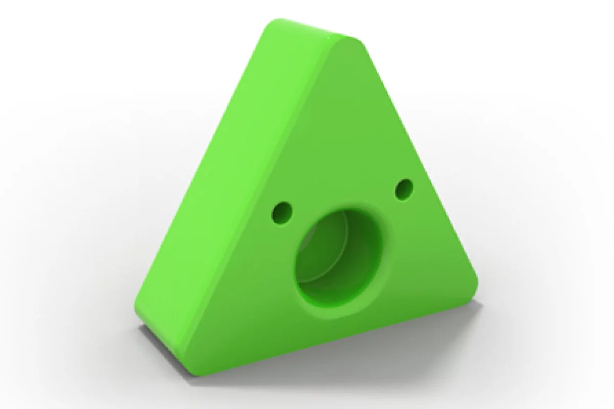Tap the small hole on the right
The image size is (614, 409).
(404, 189)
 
